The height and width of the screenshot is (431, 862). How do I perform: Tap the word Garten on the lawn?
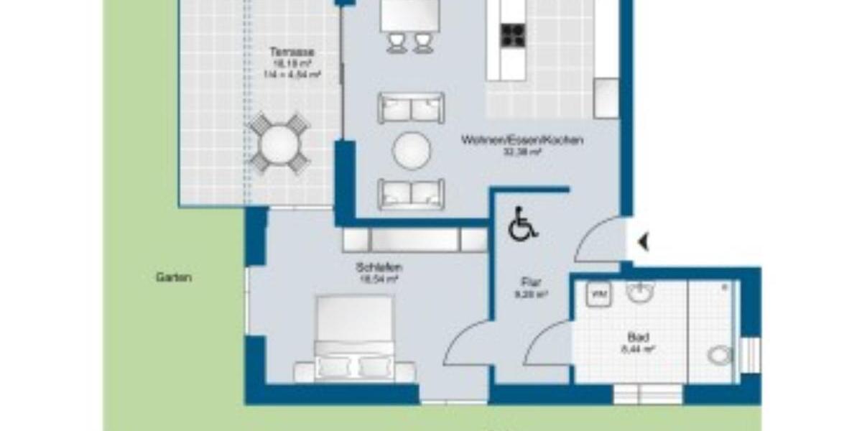174,277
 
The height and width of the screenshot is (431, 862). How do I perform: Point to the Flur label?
530,282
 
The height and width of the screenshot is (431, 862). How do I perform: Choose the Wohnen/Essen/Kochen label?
522,141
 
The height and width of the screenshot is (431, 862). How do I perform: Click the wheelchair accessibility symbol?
522,224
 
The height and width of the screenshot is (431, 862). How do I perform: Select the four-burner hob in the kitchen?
513,34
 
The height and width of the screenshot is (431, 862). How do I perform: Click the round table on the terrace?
279,144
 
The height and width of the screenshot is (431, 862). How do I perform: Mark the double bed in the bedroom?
355,336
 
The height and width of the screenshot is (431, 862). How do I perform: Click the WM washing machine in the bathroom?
598,294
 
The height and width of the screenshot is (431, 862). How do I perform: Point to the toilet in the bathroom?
719,355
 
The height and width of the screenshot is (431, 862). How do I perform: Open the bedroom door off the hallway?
467,343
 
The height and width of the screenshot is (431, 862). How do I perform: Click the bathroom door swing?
547,343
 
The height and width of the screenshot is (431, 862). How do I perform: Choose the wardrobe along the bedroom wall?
414,240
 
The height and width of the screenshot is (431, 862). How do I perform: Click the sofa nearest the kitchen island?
411,108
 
